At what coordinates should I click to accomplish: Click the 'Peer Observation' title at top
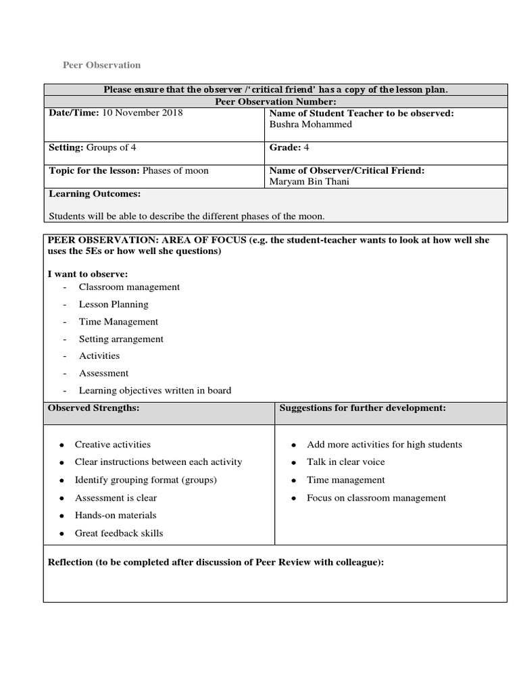pos(101,65)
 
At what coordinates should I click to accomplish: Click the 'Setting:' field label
pos(66,147)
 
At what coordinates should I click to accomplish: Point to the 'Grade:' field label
pos(285,147)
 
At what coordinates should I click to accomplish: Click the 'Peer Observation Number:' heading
pos(275,101)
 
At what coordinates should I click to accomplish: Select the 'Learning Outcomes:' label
pos(95,194)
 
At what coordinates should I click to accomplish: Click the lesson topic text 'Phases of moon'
pos(176,170)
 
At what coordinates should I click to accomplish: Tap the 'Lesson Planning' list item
pos(114,304)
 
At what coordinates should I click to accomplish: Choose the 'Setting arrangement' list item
pos(121,339)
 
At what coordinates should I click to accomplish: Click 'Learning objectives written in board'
pos(155,390)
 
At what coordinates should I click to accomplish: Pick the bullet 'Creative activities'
pos(112,445)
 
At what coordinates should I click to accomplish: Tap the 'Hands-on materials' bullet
pos(116,515)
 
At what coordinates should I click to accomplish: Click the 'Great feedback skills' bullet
pos(119,533)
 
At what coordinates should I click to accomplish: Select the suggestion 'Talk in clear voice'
pos(345,462)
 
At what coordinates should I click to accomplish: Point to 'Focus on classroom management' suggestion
pos(376,498)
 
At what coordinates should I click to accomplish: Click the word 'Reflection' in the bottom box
pos(70,562)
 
